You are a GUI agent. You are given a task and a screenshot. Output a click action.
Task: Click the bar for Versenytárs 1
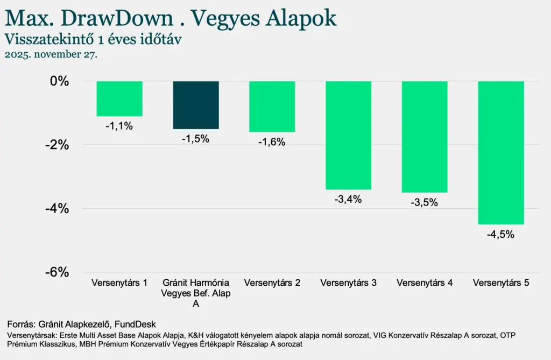[x=119, y=98]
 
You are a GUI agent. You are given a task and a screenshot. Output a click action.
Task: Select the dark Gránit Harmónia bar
[x=196, y=105]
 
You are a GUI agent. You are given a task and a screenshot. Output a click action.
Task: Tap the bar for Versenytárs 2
[x=272, y=107]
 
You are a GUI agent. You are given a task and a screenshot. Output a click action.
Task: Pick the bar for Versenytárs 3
[x=348, y=135]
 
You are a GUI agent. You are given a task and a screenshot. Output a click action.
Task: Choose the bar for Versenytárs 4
[x=425, y=137]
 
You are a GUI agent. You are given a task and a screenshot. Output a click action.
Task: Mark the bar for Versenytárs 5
[x=501, y=152]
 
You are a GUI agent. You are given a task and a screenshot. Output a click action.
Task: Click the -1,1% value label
[x=119, y=126]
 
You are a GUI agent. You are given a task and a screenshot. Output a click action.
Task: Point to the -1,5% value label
[x=195, y=139]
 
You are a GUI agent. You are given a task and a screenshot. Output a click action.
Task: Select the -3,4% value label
[x=348, y=200]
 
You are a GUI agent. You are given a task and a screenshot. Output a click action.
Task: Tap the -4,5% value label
[x=501, y=235]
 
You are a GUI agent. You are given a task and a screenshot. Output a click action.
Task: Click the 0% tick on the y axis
[x=60, y=81]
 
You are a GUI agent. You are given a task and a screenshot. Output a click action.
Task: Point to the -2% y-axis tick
[x=57, y=145]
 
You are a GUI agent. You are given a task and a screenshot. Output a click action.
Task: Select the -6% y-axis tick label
[x=57, y=272]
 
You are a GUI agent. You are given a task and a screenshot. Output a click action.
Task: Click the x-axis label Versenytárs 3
[x=348, y=283]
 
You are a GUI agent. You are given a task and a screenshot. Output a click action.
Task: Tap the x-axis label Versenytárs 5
[x=501, y=283]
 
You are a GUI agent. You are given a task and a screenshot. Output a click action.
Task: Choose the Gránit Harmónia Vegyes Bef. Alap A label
[x=196, y=293]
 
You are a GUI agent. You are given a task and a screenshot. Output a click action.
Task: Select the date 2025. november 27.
[x=51, y=55]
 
